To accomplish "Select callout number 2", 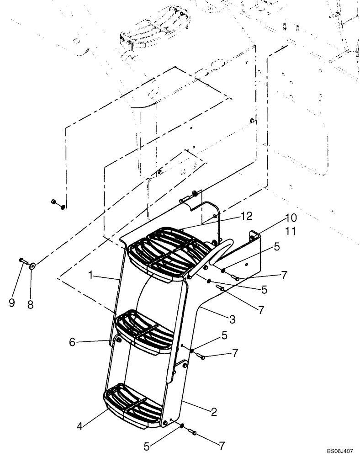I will (x=214, y=411).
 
